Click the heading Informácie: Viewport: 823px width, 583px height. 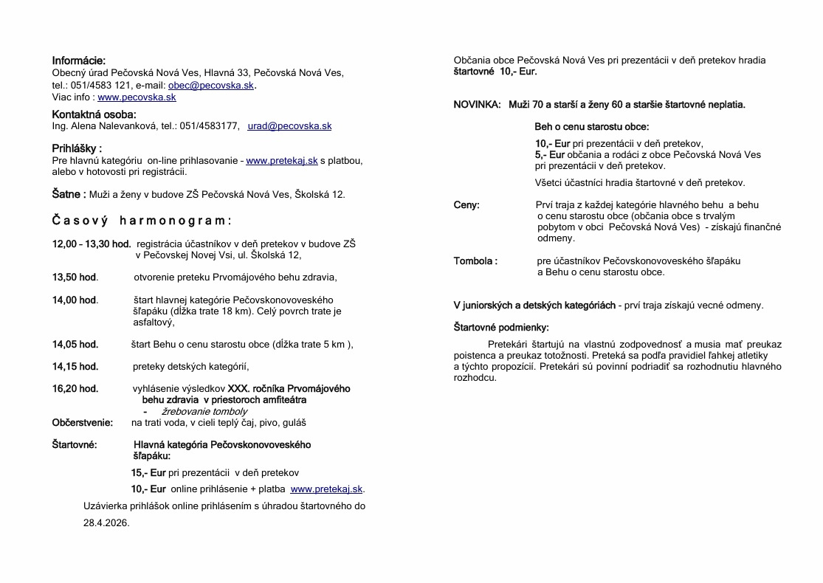(78, 61)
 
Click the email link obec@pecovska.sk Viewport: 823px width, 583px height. (210, 86)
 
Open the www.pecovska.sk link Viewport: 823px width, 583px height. (137, 97)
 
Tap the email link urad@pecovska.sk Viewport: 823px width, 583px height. (289, 126)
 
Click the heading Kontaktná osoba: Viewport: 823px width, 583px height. (94, 114)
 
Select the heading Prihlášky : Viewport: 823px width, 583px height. (77, 148)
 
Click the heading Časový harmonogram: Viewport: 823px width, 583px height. (142, 221)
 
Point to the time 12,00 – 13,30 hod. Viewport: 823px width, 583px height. (91, 244)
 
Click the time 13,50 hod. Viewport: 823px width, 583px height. (75, 277)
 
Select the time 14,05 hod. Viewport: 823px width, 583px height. (75, 344)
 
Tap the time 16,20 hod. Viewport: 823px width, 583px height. (75, 388)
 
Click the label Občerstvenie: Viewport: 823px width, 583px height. (83, 423)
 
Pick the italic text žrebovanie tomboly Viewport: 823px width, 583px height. (204, 412)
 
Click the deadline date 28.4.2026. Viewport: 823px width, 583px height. (106, 522)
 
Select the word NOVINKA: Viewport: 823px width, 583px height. (477, 105)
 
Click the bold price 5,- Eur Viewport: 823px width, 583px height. (549, 155)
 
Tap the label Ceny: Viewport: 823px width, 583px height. (466, 205)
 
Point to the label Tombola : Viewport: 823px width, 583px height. (475, 261)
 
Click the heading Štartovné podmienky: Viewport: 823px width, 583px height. (500, 327)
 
